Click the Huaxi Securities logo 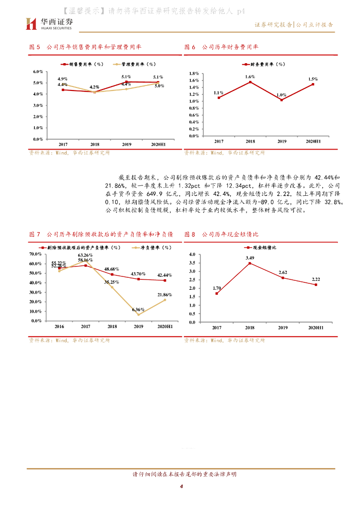(50, 23)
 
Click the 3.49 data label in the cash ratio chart (250, 257)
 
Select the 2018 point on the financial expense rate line (250, 82)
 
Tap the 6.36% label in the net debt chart (139, 309)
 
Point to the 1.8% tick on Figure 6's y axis (194, 74)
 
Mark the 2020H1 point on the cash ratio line (316, 284)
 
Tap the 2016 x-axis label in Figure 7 (59, 327)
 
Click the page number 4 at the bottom (181, 486)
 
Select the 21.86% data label (165, 295)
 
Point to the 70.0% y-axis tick (35, 254)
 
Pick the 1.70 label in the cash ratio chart (217, 288)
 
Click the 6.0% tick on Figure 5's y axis (38, 72)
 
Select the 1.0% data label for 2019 (281, 94)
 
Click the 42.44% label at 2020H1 (165, 275)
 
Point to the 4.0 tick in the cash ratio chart (194, 254)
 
